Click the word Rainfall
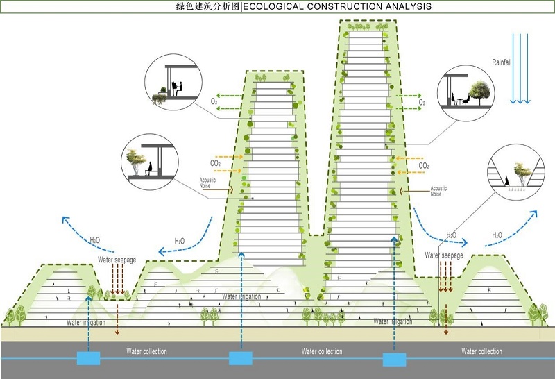click(502, 62)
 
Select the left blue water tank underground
click(89, 357)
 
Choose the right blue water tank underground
click(395, 357)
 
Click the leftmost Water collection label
click(146, 351)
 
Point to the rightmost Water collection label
click(481, 351)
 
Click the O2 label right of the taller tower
click(422, 102)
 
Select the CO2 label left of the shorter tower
click(215, 163)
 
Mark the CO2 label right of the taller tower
click(424, 166)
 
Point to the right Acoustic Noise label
click(438, 191)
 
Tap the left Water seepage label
click(117, 260)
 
